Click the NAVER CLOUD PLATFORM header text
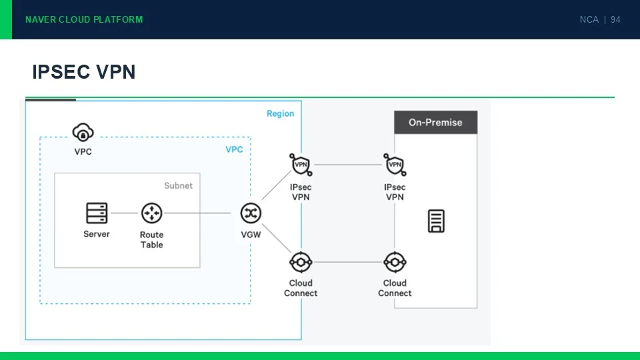point(84,19)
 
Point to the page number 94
point(615,19)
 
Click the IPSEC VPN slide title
point(84,72)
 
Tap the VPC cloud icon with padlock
point(83,132)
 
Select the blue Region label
point(281,113)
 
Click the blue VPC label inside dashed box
point(234,149)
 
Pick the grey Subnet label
point(179,186)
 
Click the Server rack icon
point(97,213)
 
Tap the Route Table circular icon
point(152,213)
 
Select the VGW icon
point(251,213)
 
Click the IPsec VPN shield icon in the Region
point(301,165)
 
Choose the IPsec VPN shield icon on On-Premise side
point(395,165)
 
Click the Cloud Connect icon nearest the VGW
point(301,262)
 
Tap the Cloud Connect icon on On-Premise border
point(395,262)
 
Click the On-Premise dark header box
point(435,122)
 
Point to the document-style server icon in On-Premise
point(436,221)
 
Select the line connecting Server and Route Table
point(124,213)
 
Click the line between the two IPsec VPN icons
point(348,165)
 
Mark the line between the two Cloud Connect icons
point(348,262)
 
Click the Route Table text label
point(152,239)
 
